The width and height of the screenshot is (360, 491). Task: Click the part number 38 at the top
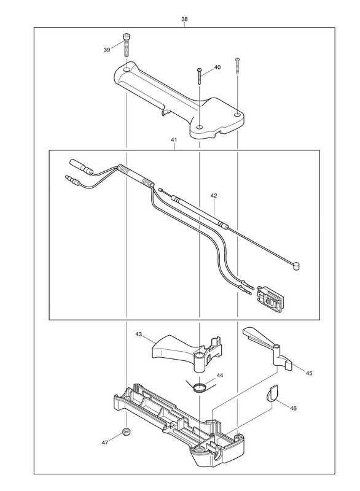[x=184, y=19]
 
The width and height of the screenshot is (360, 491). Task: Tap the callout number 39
[x=107, y=50]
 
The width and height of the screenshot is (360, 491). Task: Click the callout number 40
[x=217, y=68]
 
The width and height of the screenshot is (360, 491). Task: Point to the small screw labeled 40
[x=199, y=75]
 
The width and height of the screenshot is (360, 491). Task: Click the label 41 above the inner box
[x=174, y=141]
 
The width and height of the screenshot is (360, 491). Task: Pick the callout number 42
[x=214, y=196]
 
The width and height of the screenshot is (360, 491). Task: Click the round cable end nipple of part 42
[x=295, y=266]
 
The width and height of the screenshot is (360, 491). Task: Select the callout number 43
[x=138, y=334]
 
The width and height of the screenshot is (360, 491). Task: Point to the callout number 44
[x=220, y=375]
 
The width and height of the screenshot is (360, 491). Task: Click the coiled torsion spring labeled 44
[x=200, y=387]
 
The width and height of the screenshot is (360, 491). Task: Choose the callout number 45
[x=309, y=373]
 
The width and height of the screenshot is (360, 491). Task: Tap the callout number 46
[x=293, y=408]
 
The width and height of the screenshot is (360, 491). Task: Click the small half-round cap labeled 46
[x=272, y=393]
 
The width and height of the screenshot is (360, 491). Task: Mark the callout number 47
[x=105, y=443]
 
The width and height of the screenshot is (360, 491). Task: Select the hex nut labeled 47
[x=126, y=431]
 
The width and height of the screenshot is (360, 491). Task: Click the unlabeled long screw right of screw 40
[x=237, y=66]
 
